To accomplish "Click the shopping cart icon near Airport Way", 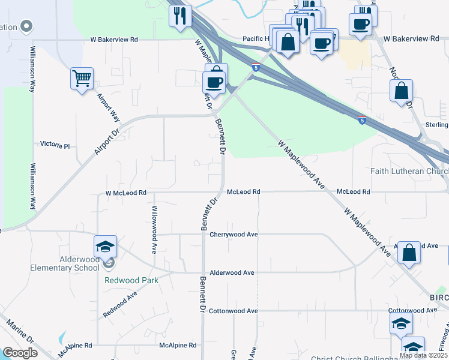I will [x=82, y=78].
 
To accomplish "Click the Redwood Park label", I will [x=130, y=280].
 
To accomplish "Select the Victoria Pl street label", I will [x=55, y=145].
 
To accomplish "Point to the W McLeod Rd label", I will [x=126, y=193].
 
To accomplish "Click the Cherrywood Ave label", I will [x=234, y=234].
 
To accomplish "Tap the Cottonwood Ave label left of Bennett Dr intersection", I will [x=234, y=311].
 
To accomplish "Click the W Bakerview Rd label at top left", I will [x=115, y=40].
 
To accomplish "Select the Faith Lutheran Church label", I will [x=409, y=171].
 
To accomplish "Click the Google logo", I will [x=19, y=353].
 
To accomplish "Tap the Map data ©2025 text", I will [x=423, y=355].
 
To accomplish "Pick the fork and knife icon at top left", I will [x=180, y=16].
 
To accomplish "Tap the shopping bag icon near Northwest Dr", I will [x=401, y=91].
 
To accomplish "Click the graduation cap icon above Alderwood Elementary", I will [x=105, y=247].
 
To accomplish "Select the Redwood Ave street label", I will [x=120, y=304].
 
